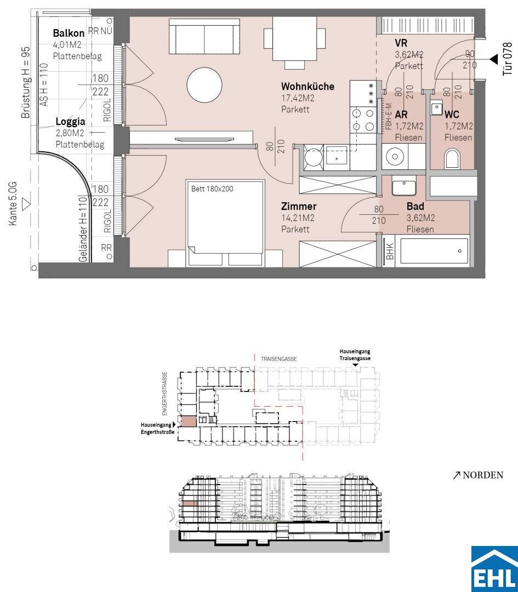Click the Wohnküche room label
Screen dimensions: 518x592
(x=308, y=86)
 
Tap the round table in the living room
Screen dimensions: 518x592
(x=204, y=84)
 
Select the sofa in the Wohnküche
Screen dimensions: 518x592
(x=204, y=37)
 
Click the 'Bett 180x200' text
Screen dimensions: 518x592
(x=212, y=189)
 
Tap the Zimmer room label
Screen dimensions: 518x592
(x=298, y=207)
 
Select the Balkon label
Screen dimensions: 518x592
(x=69, y=33)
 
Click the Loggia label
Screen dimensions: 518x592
(x=70, y=122)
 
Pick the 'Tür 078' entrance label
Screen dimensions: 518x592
(x=508, y=59)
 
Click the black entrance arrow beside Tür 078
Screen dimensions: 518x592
(x=493, y=59)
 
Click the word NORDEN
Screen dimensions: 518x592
(x=483, y=475)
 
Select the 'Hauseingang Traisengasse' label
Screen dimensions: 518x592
(x=355, y=355)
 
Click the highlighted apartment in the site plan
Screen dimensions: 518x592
(x=189, y=421)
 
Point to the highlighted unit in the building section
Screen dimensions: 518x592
(x=190, y=504)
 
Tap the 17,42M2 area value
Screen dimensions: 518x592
(x=298, y=98)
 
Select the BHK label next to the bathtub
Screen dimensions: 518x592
(x=390, y=251)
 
